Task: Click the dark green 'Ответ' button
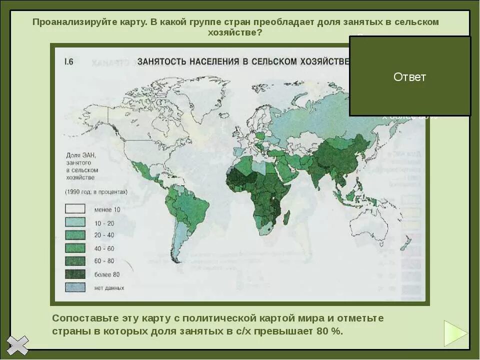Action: [x=409, y=76]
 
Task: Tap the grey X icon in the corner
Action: [x=17, y=345]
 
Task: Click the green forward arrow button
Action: [x=455, y=333]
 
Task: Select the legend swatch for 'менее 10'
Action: [x=75, y=209]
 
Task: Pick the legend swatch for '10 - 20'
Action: [x=75, y=222]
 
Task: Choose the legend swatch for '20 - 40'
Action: [x=75, y=235]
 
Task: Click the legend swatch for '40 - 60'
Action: [x=75, y=248]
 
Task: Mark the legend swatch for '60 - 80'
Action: [x=75, y=261]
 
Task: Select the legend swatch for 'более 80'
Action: [x=75, y=274]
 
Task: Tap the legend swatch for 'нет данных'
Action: [x=75, y=287]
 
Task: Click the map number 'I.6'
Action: [x=68, y=61]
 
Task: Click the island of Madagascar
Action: [x=286, y=218]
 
